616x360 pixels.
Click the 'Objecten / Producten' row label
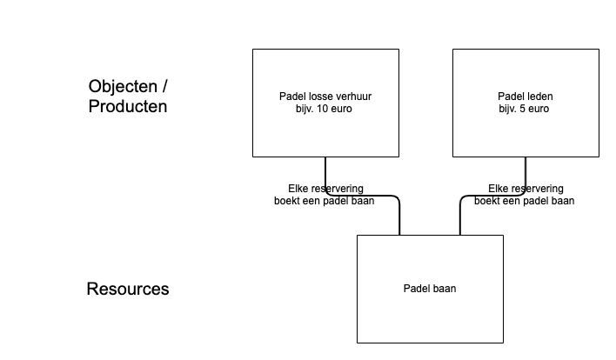click(x=128, y=97)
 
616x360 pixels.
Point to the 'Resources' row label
click(x=128, y=289)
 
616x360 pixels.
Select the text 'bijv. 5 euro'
click(x=526, y=110)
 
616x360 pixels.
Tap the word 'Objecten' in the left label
click(x=124, y=87)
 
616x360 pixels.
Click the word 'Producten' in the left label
click(x=128, y=107)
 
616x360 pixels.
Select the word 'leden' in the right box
click(x=539, y=96)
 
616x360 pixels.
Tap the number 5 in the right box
click(x=526, y=110)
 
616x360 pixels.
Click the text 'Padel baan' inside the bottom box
click(x=430, y=290)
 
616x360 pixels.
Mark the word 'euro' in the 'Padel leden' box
click(x=541, y=110)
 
